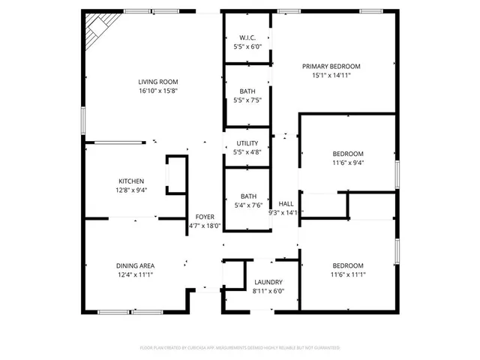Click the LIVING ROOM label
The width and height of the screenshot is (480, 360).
pyautogui.click(x=157, y=82)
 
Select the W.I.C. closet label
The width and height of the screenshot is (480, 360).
pyautogui.click(x=247, y=37)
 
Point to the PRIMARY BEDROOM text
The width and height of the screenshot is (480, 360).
pyautogui.click(x=331, y=66)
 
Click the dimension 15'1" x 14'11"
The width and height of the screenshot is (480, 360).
pyautogui.click(x=331, y=75)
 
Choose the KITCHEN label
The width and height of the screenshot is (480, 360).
pyautogui.click(x=131, y=181)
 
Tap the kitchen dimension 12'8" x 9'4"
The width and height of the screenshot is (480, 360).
pyautogui.click(x=131, y=190)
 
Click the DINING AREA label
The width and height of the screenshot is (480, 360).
pyautogui.click(x=135, y=265)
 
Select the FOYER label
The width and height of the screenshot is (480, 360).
pyautogui.click(x=203, y=217)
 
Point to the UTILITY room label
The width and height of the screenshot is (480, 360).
pyautogui.click(x=247, y=143)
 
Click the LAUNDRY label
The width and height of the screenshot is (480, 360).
pyautogui.click(x=268, y=282)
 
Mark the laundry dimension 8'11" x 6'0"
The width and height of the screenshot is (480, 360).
pyautogui.click(x=268, y=291)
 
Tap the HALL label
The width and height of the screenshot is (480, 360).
pyautogui.click(x=286, y=203)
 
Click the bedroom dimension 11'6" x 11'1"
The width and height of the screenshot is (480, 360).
pyautogui.click(x=348, y=274)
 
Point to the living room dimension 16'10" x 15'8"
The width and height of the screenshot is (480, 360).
pyautogui.click(x=157, y=91)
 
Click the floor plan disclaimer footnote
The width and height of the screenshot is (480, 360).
pyautogui.click(x=240, y=348)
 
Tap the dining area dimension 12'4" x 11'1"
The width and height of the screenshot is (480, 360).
pyautogui.click(x=135, y=274)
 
